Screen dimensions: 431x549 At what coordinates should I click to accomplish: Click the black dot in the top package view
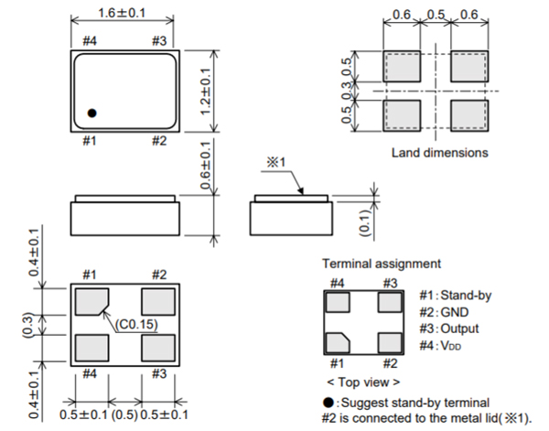pos(92,113)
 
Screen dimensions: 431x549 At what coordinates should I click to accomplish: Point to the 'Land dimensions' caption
pos(439,152)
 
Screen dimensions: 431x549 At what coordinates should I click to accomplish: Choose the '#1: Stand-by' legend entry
pos(455,296)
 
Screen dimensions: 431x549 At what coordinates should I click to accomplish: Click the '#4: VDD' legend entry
pos(444,345)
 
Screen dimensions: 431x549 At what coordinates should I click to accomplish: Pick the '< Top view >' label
pos(363,381)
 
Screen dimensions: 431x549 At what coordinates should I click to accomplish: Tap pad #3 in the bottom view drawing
pos(157,348)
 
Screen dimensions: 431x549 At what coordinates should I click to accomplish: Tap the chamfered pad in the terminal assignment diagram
pos(339,344)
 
